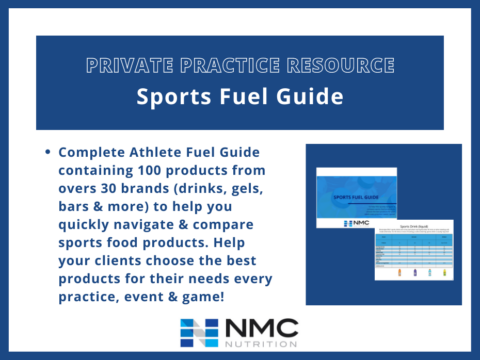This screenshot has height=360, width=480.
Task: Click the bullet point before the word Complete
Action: pos(48,153)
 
